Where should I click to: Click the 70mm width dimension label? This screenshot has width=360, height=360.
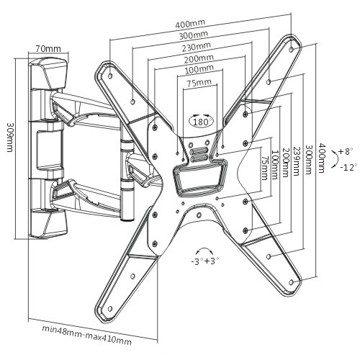[48, 49]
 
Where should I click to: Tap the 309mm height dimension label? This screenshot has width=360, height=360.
[9, 138]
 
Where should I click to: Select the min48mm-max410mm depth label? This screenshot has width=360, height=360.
[86, 336]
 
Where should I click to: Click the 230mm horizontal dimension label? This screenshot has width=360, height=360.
[197, 47]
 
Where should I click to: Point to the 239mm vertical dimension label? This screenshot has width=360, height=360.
[296, 161]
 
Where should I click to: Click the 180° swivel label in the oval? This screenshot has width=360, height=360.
[201, 122]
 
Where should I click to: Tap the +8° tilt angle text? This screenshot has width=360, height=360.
[346, 152]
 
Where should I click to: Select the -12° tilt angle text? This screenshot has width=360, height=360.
[348, 167]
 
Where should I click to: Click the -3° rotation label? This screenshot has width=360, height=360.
[197, 261]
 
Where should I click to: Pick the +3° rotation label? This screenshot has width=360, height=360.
[212, 261]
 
